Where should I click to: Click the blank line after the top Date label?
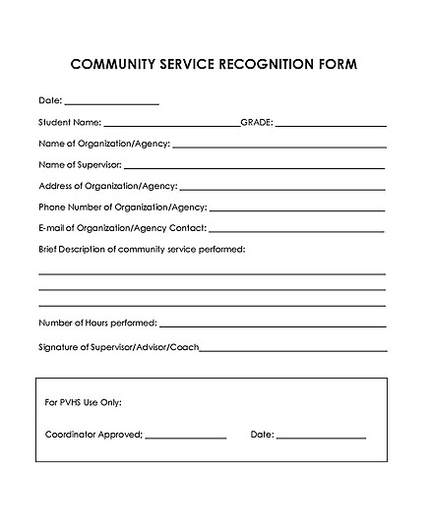coord(111,103)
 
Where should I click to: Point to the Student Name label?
coord(70,123)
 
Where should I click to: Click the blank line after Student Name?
coord(170,126)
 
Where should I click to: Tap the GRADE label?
coord(257,123)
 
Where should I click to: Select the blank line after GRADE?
coord(331,126)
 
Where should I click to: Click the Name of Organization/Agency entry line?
coord(278,147)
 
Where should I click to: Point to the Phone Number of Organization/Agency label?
coord(122,207)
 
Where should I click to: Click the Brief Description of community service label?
coord(142,249)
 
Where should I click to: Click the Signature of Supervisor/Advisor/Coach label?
coord(119,347)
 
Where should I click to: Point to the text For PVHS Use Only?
coord(84,403)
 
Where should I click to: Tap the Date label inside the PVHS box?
coord(262,435)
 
